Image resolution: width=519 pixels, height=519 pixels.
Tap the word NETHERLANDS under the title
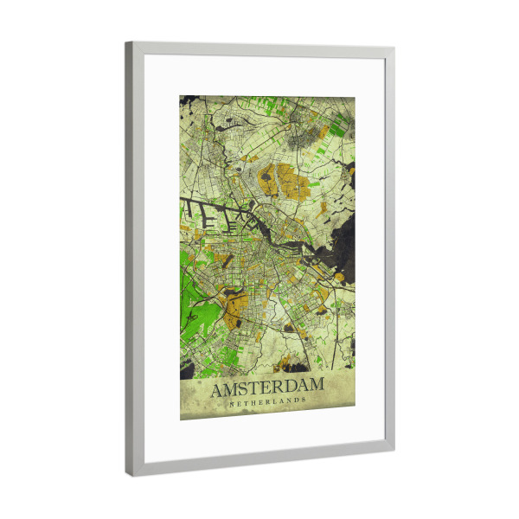(267, 402)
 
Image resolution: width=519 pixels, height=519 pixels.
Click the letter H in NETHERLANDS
(253, 402)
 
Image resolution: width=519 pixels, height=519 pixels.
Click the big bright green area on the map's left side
(194, 294)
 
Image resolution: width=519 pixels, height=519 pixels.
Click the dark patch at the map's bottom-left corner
(187, 369)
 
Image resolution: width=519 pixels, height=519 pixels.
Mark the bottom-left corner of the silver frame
(132, 474)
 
